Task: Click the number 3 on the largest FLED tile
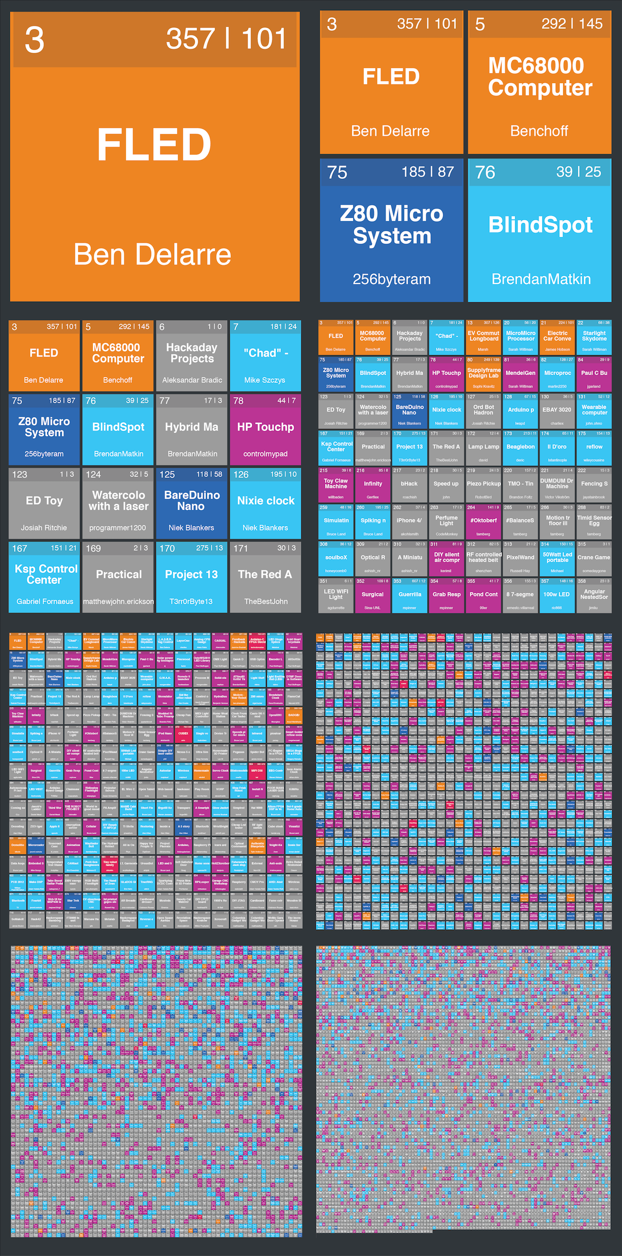pyautogui.click(x=35, y=40)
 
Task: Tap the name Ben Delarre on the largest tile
pyautogui.click(x=152, y=255)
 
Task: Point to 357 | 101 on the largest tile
pyautogui.click(x=225, y=39)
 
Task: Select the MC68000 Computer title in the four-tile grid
pyautogui.click(x=539, y=76)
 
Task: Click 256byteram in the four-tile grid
pyautogui.click(x=392, y=279)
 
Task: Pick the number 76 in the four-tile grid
pyautogui.click(x=485, y=172)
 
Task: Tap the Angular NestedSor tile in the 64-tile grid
pyautogui.click(x=594, y=595)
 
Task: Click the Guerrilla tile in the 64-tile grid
pyautogui.click(x=410, y=595)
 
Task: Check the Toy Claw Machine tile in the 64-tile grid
pyautogui.click(x=336, y=484)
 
